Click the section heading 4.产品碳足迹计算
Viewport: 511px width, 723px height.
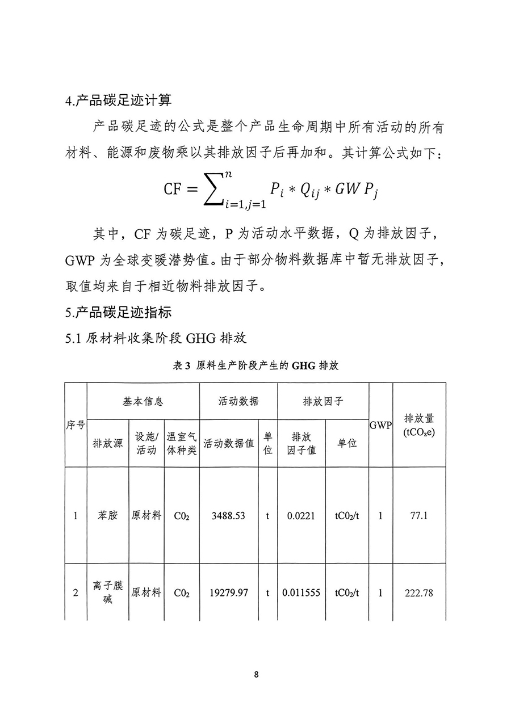[119, 100]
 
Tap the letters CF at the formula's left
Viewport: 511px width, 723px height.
[175, 188]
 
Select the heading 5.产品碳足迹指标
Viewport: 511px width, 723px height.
[119, 312]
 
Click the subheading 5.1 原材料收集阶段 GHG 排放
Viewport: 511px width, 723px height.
[156, 339]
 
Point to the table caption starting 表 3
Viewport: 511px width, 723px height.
[256, 366]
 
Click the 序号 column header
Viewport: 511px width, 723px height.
[76, 425]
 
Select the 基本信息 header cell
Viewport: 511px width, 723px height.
[143, 401]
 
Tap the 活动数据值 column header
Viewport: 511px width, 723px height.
[229, 443]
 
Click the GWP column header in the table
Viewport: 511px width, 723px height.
[380, 425]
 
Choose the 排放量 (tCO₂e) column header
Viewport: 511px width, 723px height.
[419, 425]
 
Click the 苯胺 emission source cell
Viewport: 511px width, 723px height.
[108, 516]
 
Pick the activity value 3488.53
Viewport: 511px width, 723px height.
[228, 516]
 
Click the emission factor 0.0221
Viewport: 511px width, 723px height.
[301, 516]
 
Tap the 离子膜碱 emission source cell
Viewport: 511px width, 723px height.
[108, 592]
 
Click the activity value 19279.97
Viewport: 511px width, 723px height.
[228, 593]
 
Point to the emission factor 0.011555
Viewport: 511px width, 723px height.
[301, 593]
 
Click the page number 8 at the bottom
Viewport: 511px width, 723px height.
[257, 675]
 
